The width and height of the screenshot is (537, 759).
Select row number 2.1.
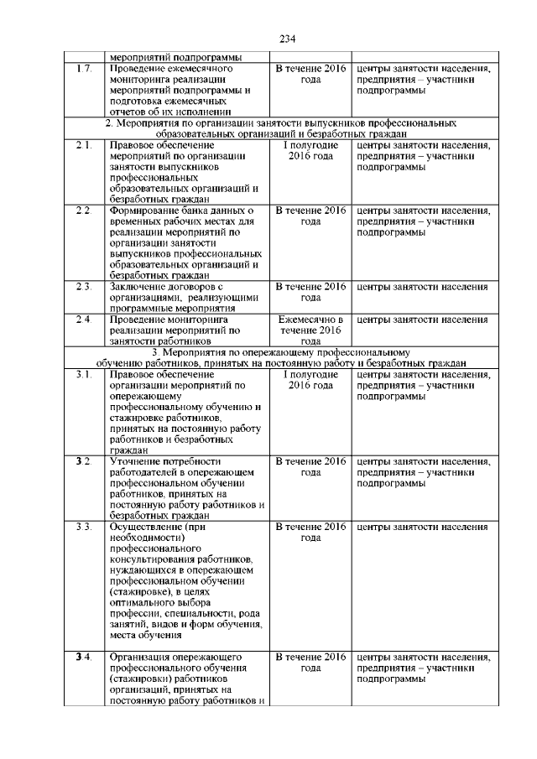(82, 146)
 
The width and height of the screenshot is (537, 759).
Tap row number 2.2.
(82, 210)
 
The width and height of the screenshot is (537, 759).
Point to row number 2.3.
(82, 287)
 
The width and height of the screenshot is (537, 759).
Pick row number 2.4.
(82, 320)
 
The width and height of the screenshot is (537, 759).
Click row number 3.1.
(82, 374)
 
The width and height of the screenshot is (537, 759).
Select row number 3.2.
(82, 461)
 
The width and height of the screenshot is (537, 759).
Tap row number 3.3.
(82, 527)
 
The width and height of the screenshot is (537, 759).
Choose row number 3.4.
(82, 655)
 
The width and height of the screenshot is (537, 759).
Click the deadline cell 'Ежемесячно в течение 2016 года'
(310, 330)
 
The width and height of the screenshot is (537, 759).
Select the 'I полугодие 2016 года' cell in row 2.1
(310, 152)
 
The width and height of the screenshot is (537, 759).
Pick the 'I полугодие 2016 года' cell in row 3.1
(310, 380)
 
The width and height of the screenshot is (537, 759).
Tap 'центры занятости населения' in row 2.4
(422, 320)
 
